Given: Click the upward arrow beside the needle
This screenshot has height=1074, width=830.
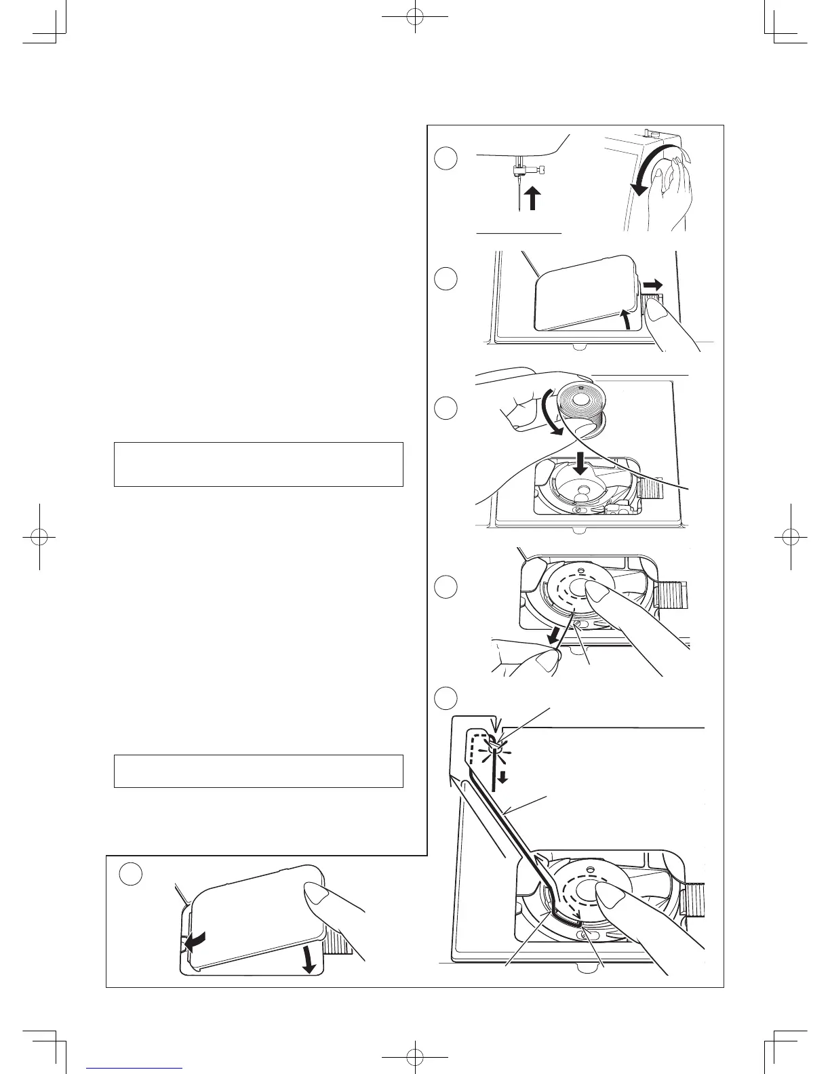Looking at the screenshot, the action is tap(533, 199).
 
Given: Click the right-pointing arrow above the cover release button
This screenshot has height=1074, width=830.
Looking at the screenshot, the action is tap(654, 284).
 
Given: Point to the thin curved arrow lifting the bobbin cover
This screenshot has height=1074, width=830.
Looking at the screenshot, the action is tap(625, 319).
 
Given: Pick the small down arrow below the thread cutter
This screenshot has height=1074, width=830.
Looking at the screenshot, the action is tap(502, 778).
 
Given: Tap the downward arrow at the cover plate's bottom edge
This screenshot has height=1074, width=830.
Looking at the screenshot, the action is tap(309, 962).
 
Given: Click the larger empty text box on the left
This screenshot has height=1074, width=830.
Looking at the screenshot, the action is tap(258, 464).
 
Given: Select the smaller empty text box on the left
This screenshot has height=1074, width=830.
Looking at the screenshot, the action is tap(258, 771).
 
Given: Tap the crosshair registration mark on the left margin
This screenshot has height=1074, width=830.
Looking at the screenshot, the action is tap(39, 536).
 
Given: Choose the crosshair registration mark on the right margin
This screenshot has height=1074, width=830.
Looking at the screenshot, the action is tap(791, 536).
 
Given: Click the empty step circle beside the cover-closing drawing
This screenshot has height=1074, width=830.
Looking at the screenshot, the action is tap(130, 874).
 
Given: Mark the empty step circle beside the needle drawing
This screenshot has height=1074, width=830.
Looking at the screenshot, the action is tap(445, 159).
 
